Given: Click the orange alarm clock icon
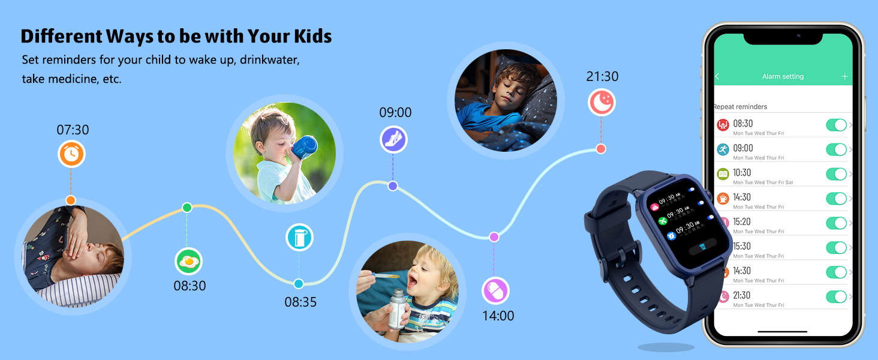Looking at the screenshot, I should [71, 154].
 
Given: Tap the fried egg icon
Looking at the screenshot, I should [189, 261].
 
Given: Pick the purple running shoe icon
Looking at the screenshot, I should [393, 140].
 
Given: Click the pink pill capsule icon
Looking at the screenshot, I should [495, 291].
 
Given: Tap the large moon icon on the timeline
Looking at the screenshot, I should [602, 102].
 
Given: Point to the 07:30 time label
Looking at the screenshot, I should [73, 130].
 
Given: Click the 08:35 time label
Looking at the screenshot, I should [300, 302].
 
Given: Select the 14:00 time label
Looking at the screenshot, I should [498, 316].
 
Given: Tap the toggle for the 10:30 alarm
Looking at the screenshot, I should [836, 174].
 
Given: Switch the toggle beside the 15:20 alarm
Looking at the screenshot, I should [836, 223].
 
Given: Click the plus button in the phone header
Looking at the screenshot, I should [844, 76].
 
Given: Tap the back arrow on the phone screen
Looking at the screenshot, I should [717, 77].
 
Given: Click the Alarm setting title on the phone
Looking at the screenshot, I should [783, 77].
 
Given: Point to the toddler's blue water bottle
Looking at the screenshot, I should [304, 148].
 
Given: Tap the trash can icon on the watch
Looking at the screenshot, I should [702, 247].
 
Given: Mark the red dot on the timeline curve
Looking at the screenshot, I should [601, 149].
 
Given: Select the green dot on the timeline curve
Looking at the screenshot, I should [187, 208].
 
